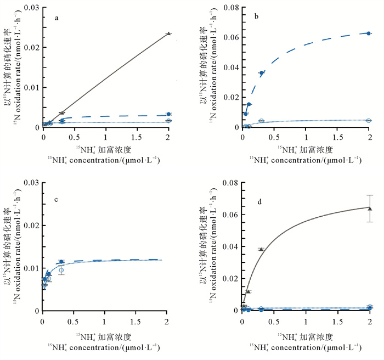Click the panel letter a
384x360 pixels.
(57, 18)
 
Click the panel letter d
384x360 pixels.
(258, 202)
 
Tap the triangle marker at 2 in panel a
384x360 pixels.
(168, 33)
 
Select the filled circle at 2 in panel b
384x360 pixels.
(369, 33)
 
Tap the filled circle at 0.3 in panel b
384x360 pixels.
(262, 73)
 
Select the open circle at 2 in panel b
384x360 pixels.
(369, 120)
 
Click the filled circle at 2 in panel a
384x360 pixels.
(168, 114)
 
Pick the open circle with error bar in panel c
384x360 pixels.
(61, 270)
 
